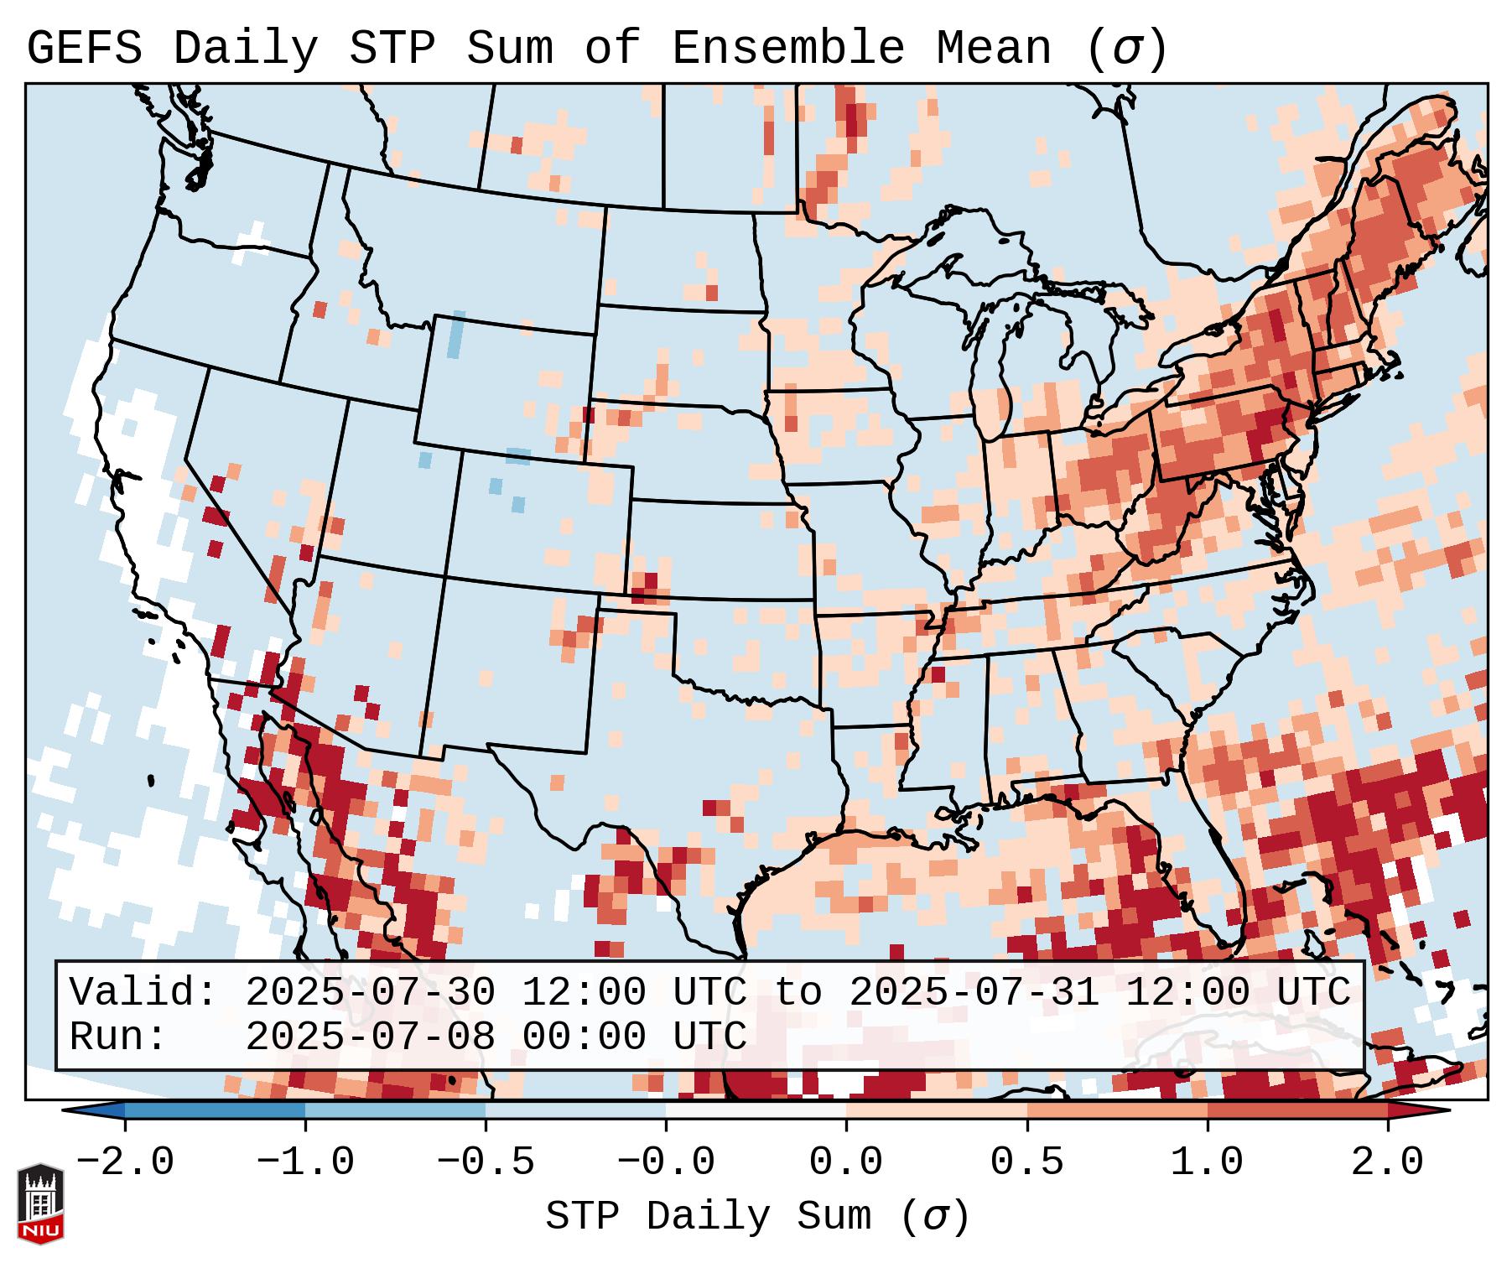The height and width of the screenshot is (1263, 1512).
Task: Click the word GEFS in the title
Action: coord(84,49)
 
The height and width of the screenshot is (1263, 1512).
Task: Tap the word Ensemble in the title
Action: coord(787,49)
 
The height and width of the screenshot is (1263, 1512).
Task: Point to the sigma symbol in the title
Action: coord(1126,50)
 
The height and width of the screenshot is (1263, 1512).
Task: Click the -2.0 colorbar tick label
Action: coord(124,1162)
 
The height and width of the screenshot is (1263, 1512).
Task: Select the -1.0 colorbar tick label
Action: coord(304,1162)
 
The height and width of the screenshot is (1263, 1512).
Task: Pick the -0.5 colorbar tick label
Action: coord(486,1162)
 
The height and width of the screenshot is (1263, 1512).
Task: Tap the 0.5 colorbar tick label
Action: coord(1026,1162)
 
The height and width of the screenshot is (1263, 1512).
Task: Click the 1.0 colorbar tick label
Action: coord(1207,1162)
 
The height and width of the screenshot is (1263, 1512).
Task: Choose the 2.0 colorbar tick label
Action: coord(1387,1162)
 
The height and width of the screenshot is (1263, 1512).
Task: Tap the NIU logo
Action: coord(40,1204)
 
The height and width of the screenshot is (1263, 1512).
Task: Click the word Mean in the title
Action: coord(993,49)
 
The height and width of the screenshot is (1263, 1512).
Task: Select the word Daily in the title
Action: coord(245,49)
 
